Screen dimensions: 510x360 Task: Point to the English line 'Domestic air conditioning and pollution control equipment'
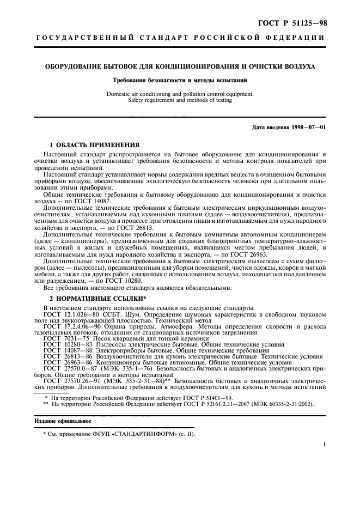180,94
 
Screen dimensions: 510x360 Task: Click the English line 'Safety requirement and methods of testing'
180,100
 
